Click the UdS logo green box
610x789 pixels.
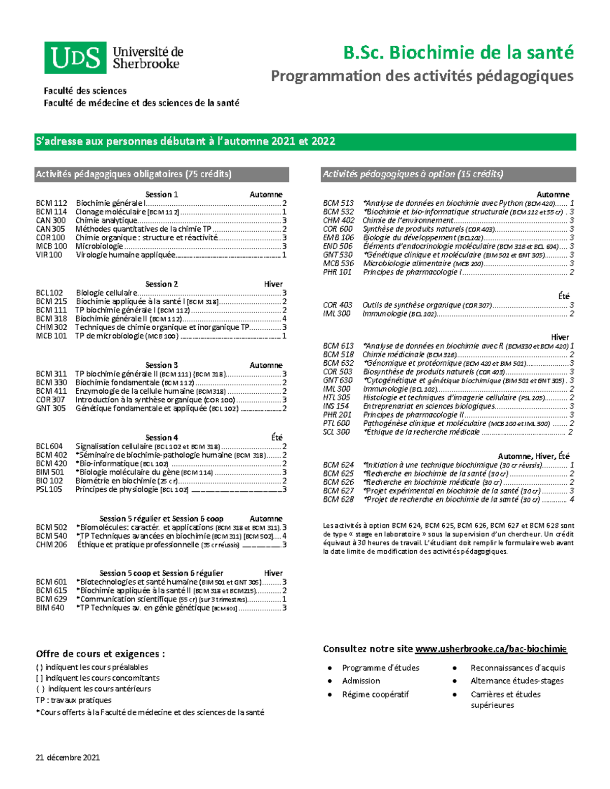tap(75, 58)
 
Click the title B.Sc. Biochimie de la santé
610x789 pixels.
tap(458, 53)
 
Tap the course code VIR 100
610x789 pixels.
tap(49, 255)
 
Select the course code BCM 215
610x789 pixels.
tap(51, 302)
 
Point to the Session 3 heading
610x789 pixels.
tap(162, 365)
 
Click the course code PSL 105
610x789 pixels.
tap(49, 490)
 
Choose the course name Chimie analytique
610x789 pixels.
tap(106, 220)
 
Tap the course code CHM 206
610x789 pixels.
tap(51, 545)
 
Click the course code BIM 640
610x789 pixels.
tap(50, 608)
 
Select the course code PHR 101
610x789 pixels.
tap(337, 272)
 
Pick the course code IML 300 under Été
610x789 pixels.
tap(337, 314)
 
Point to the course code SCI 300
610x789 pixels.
tap(336, 432)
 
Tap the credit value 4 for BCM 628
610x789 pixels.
tap(572, 500)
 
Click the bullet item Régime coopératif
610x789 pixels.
tap(375, 695)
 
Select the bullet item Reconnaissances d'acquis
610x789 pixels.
tap(517, 668)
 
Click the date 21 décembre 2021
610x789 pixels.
tap(68, 758)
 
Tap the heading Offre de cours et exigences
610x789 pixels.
tap(100, 654)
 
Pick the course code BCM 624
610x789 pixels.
tap(338, 465)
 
